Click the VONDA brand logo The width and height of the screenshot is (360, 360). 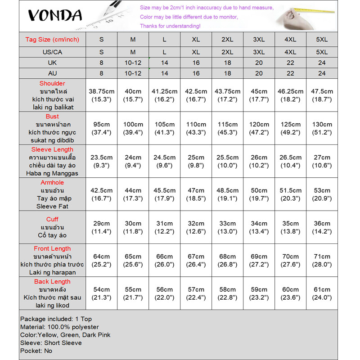(x=55, y=16)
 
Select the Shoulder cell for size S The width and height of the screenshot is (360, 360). (x=102, y=95)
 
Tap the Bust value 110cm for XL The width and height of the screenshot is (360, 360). (x=196, y=128)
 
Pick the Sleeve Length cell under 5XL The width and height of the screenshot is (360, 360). (x=322, y=161)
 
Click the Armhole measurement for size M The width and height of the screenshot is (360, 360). (x=133, y=194)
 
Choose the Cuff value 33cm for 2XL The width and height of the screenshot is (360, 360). (x=227, y=227)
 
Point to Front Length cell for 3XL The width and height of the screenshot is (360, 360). (x=259, y=260)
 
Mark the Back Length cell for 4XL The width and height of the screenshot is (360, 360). (x=290, y=293)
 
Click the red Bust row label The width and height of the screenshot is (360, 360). (x=52, y=117)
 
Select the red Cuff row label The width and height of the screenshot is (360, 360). (x=52, y=219)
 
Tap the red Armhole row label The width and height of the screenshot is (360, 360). (x=52, y=183)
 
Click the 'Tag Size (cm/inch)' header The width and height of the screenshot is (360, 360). (x=52, y=40)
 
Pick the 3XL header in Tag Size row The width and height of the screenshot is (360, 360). (x=259, y=40)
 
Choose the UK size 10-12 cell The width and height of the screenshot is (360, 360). (x=133, y=63)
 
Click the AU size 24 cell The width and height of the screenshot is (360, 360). (x=322, y=73)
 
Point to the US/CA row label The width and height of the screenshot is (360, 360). (x=52, y=52)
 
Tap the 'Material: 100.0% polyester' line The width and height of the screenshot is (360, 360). (x=59, y=327)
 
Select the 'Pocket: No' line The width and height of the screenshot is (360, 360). (x=36, y=351)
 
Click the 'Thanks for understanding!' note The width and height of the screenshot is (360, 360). (x=170, y=26)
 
